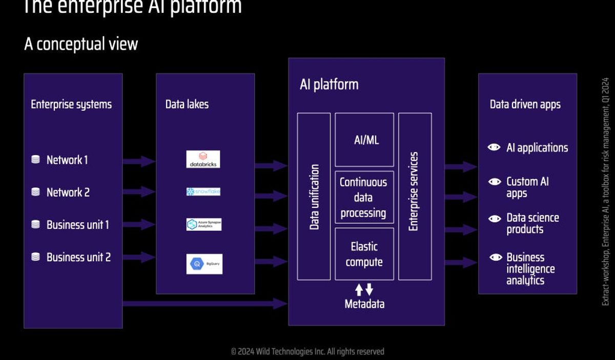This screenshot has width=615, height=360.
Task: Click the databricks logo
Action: (203, 159)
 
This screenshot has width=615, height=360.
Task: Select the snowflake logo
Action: (203, 192)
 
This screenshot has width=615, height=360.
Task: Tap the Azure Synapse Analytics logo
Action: (203, 224)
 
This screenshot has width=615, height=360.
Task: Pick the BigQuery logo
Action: (204, 264)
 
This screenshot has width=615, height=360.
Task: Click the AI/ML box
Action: (364, 140)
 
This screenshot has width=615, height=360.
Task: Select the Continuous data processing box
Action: (364, 197)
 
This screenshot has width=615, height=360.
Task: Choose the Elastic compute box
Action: (364, 254)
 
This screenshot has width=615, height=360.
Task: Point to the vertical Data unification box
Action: (314, 197)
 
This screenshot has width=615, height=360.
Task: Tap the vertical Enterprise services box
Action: (415, 197)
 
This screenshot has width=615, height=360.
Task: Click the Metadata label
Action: (364, 304)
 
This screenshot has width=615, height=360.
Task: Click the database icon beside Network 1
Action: (35, 160)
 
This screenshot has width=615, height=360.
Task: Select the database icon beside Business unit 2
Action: (35, 257)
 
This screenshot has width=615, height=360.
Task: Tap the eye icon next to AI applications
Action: (494, 147)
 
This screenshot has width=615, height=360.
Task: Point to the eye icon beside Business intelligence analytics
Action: (494, 257)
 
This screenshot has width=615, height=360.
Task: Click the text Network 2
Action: (68, 192)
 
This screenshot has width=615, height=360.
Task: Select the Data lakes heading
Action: (187, 104)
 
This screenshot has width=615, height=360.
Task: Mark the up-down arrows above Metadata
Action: (364, 289)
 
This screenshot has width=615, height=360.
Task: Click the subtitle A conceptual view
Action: (81, 44)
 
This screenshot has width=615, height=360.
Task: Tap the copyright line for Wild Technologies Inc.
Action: (307, 351)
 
